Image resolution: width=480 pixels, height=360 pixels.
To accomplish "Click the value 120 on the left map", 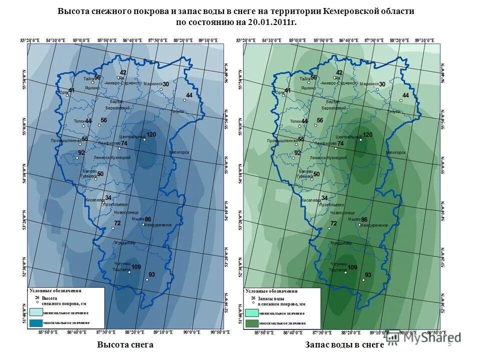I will [151, 134].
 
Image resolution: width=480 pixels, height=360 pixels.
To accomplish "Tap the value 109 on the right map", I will [352, 267].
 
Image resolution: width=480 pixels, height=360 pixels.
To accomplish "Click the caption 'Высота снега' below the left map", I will [125, 345].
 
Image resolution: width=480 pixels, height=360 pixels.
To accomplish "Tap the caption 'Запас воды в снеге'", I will [344, 345].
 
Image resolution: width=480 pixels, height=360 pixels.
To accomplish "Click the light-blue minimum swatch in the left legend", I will [36, 312].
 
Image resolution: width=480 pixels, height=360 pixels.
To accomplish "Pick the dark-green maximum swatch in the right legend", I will [251, 323].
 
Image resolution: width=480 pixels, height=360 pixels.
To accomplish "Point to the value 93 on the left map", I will [151, 274].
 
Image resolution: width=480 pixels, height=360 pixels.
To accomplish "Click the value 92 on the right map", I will [297, 153].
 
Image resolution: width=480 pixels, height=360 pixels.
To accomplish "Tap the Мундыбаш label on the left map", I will [124, 243].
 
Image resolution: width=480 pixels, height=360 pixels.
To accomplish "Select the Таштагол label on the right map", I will [338, 270].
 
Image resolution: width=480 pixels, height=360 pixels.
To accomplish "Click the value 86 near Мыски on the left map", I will [147, 219].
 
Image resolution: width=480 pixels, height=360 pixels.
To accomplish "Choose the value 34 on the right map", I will [324, 198].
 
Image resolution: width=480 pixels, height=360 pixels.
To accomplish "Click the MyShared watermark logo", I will [422, 337].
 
